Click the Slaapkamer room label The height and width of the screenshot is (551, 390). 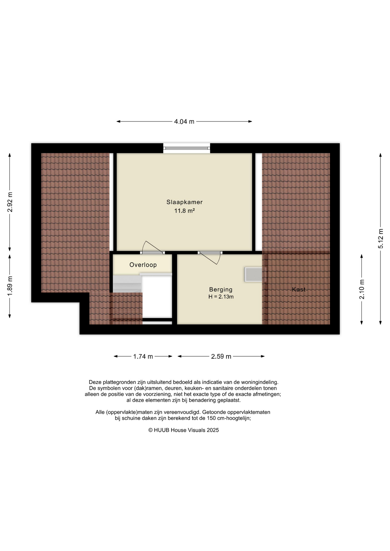[x=184, y=202]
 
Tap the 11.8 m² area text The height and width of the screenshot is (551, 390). [x=184, y=211]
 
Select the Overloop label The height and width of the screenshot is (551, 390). [x=143, y=265]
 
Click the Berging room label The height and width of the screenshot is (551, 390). [x=221, y=290]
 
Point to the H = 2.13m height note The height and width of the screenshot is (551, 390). [x=221, y=297]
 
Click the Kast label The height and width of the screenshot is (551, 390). [x=299, y=290]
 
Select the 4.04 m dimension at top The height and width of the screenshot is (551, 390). [x=184, y=122]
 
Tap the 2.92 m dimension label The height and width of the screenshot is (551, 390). [x=10, y=202]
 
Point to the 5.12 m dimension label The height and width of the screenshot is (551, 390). [x=381, y=238]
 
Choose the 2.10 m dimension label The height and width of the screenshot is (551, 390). [x=362, y=289]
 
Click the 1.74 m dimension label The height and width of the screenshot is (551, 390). [x=143, y=356]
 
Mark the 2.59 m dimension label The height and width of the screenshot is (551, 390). [x=221, y=356]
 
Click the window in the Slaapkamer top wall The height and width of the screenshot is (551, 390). [x=187, y=148]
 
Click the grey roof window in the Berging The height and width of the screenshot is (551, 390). [x=255, y=275]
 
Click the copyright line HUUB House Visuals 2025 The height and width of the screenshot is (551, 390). [x=184, y=430]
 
